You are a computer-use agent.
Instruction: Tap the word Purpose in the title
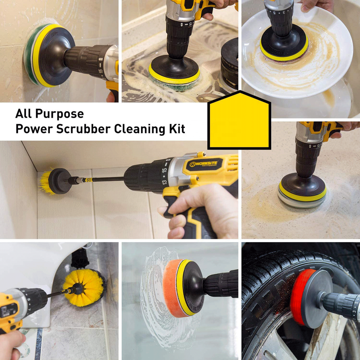(60, 114)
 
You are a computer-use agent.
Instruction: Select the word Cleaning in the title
(139, 129)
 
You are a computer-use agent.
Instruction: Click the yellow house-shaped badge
(239, 120)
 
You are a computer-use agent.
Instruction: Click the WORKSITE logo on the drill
(203, 164)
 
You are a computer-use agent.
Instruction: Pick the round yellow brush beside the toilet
(84, 288)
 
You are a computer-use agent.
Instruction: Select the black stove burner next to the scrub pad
(229, 65)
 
